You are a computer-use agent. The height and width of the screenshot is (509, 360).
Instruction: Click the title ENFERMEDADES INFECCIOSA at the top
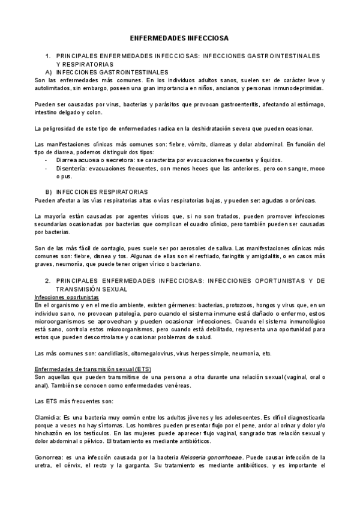click(179, 37)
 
